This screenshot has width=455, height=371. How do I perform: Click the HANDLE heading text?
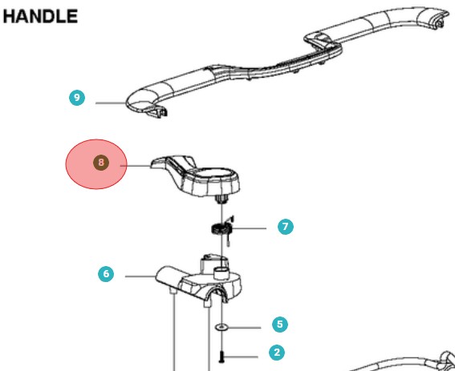[40, 16]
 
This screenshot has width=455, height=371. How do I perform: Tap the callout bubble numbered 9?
[77, 98]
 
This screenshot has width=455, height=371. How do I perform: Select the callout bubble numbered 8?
[101, 163]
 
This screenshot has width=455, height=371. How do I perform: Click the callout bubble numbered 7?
[286, 227]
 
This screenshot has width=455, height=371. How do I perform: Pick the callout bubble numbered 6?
[106, 274]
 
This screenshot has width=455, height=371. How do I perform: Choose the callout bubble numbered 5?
[280, 325]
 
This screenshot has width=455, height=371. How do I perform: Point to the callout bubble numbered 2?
[277, 353]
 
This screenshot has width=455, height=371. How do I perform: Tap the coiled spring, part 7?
[221, 229]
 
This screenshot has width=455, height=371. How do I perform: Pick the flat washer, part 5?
[221, 328]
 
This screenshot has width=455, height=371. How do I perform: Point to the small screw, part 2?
[221, 357]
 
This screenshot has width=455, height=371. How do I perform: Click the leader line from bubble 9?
[111, 103]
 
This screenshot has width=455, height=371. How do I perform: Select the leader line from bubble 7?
[249, 228]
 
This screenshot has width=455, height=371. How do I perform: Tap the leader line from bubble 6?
[140, 276]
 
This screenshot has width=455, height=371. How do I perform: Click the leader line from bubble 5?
[244, 328]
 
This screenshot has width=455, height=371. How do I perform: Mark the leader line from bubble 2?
[241, 357]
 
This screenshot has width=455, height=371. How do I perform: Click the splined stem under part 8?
[221, 200]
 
